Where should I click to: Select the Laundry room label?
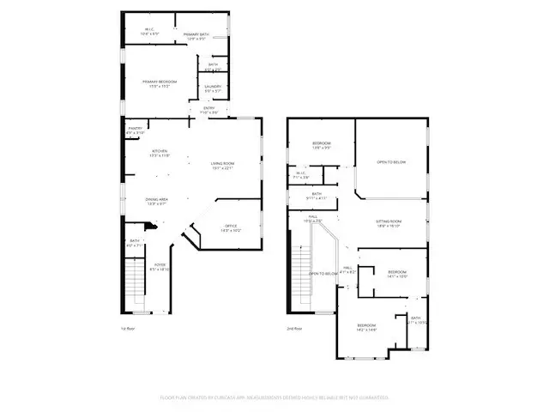(213, 88)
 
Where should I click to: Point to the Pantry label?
(136, 130)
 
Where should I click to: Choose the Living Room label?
(222, 165)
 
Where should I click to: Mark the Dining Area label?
(156, 201)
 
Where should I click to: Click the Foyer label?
(159, 266)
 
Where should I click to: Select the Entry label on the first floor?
(208, 109)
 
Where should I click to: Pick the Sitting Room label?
(389, 222)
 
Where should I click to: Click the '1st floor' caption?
(129, 328)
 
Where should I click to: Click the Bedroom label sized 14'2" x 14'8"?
(366, 327)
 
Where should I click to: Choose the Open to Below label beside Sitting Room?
(390, 161)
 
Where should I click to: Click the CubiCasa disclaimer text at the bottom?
(274, 397)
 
